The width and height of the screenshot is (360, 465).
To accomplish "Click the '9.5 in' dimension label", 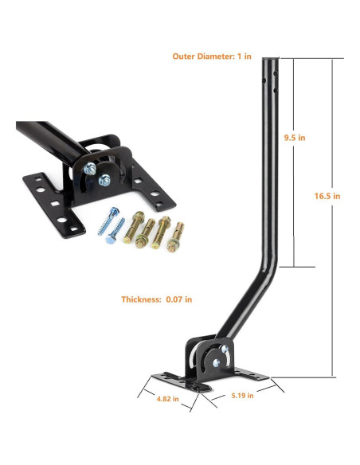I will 295,137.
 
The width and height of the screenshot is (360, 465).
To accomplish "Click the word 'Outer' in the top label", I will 186,56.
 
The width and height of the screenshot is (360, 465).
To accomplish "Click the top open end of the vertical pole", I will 272,59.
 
